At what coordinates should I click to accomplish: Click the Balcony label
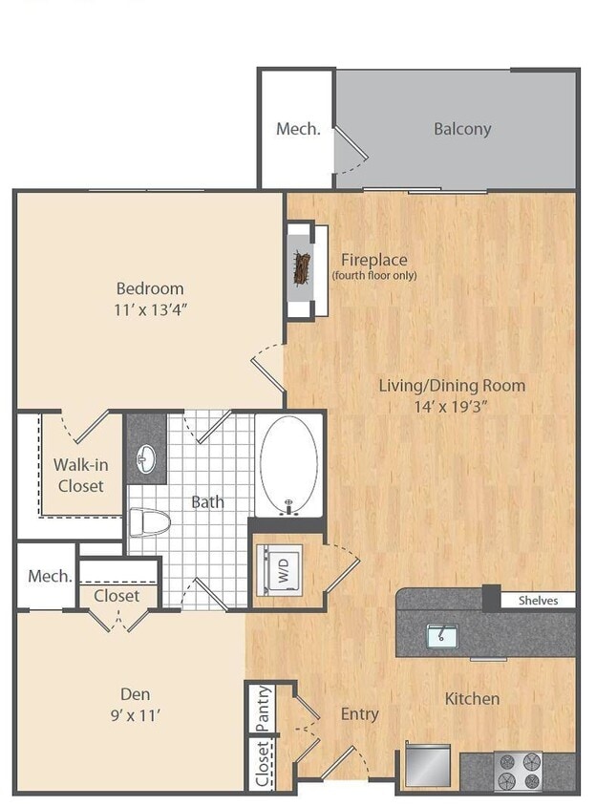[x=462, y=129]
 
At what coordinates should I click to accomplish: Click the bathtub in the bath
[x=288, y=463]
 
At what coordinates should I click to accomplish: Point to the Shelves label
[x=538, y=601]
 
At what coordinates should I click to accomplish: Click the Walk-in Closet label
[x=78, y=475]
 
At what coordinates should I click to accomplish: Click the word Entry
[x=359, y=713]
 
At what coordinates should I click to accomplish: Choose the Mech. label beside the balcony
[x=297, y=129]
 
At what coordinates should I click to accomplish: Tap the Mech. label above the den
[x=50, y=576]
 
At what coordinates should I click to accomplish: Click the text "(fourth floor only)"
[x=373, y=276]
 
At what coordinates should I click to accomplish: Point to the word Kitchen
[x=472, y=699]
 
